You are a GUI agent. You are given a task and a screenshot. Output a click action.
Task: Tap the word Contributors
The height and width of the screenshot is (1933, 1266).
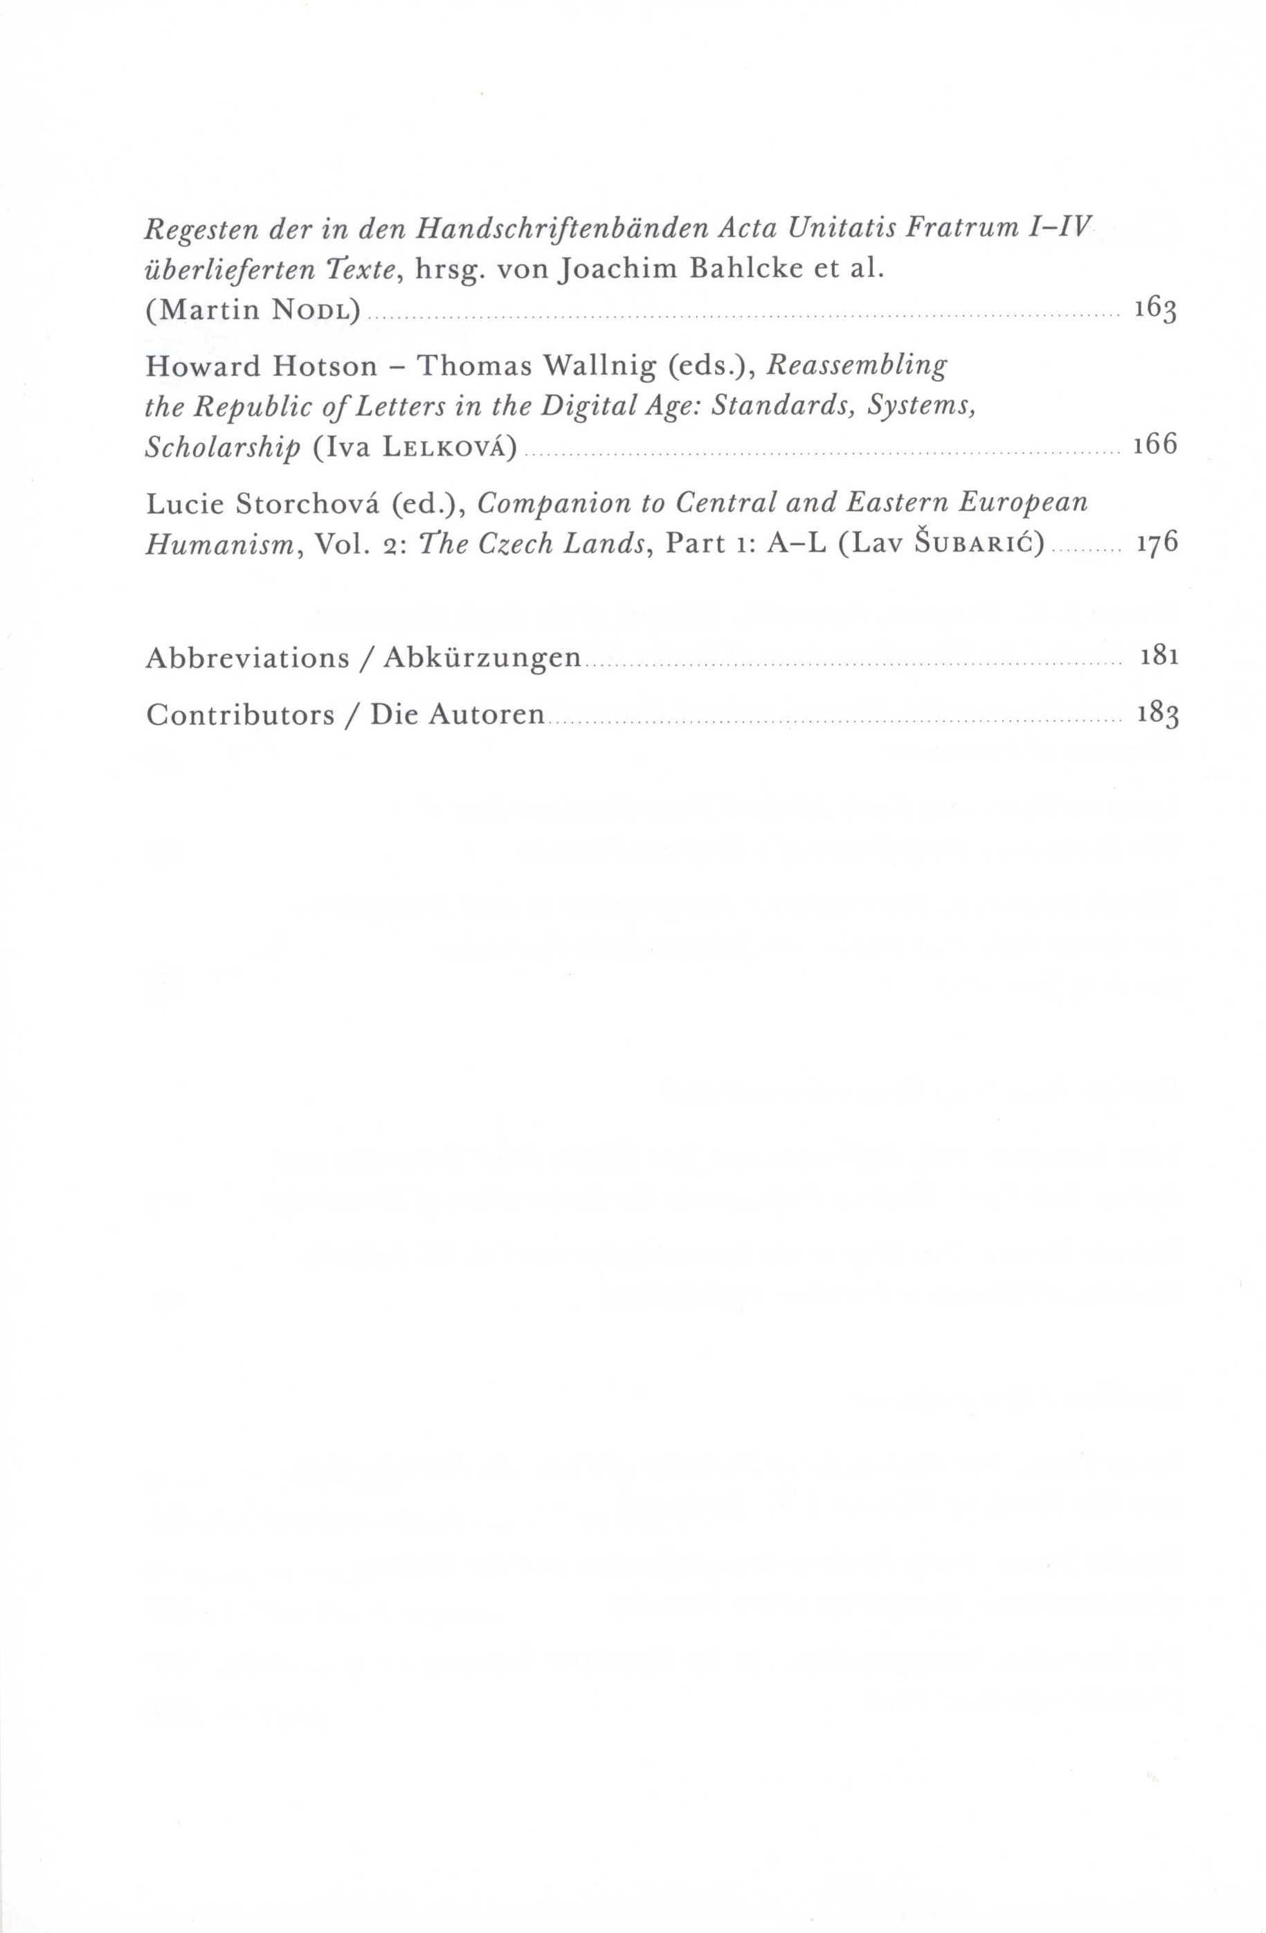(x=240, y=714)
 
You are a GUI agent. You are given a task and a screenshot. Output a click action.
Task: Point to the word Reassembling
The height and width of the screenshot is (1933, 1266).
(x=857, y=368)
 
